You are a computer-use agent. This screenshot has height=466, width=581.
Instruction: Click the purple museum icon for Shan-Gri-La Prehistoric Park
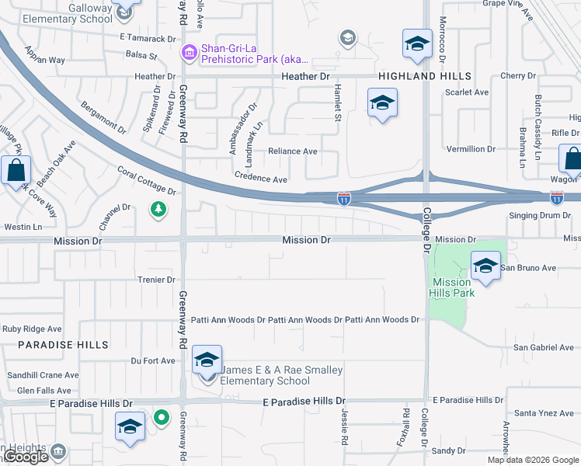[x=189, y=53]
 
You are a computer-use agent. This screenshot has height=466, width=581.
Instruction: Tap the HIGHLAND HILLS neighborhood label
[x=425, y=76]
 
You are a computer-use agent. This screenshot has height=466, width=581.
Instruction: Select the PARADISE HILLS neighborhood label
[x=53, y=344]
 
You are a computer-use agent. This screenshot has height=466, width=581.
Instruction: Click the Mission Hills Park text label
[x=452, y=287]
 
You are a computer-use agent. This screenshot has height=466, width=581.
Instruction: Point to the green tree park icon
[x=158, y=209]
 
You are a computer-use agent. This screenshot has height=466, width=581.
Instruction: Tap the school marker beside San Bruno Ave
[x=485, y=267]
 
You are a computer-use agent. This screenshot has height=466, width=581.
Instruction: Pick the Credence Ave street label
[x=262, y=179]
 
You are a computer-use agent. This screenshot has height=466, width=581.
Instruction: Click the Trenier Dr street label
[x=156, y=280]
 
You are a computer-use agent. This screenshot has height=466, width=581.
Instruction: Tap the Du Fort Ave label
[x=153, y=360]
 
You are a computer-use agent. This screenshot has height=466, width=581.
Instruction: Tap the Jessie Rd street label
[x=343, y=423]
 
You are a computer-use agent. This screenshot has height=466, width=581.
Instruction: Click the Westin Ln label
[x=22, y=227]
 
